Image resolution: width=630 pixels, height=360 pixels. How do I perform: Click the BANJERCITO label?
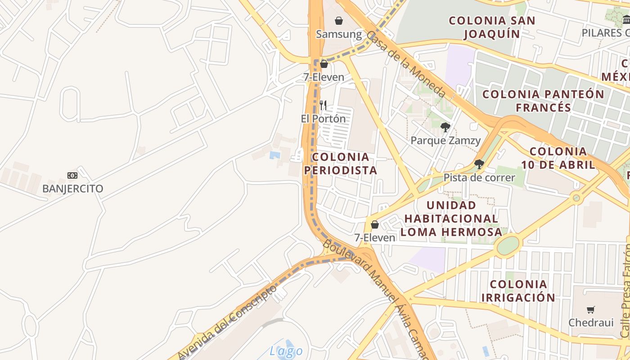[72, 189]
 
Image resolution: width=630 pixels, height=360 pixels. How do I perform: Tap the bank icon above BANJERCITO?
[72, 175]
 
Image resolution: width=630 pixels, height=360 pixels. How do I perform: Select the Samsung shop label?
[339, 34]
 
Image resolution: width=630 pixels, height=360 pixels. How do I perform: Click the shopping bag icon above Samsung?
[339, 21]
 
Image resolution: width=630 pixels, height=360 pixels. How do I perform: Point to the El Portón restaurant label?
[323, 119]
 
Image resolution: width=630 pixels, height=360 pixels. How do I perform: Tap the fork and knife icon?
[323, 106]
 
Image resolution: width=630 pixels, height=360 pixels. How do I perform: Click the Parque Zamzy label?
[445, 140]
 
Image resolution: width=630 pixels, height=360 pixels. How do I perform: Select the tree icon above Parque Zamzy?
[445, 127]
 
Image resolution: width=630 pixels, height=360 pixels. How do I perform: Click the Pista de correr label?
[479, 178]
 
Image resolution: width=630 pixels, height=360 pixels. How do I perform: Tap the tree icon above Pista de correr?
[479, 164]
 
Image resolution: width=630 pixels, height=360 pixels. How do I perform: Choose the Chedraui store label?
[591, 323]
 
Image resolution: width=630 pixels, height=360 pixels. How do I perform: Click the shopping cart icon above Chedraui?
[591, 310]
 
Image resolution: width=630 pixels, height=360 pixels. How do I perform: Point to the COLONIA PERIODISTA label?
[341, 164]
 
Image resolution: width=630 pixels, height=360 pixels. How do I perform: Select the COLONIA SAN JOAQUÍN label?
[492, 27]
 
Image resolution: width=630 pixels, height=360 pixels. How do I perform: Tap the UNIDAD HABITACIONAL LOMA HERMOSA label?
[451, 219]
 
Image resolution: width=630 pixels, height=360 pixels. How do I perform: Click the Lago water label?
[286, 351]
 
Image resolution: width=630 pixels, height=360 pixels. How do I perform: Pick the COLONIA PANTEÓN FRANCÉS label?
[543, 101]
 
